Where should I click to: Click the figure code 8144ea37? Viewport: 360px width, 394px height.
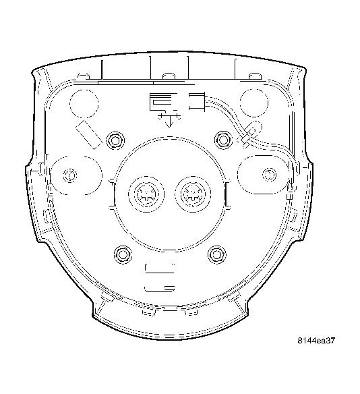click(x=316, y=341)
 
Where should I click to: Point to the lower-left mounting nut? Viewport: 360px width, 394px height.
click(x=122, y=254)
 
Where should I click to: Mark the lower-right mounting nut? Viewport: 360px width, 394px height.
click(x=216, y=254)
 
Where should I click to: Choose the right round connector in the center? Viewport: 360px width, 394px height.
click(x=193, y=194)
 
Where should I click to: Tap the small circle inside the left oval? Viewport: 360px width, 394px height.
click(x=68, y=177)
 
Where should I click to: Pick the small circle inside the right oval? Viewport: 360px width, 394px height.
click(x=270, y=174)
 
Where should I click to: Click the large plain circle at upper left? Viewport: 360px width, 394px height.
click(x=84, y=101)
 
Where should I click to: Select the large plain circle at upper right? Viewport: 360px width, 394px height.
click(x=255, y=100)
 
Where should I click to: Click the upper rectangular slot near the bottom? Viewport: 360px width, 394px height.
click(x=160, y=269)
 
